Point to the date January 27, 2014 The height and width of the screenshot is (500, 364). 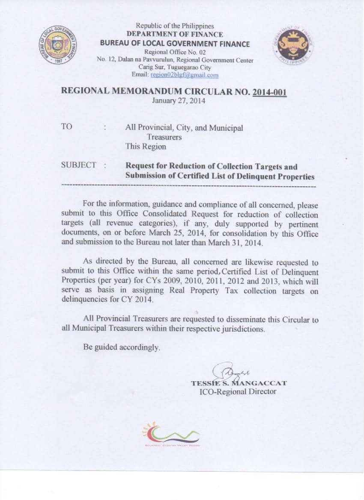pyautogui.click(x=179, y=101)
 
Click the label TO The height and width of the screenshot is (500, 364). pyautogui.click(x=67, y=127)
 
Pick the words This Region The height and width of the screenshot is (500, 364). pyautogui.click(x=146, y=147)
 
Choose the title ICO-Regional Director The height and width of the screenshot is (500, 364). pyautogui.click(x=238, y=391)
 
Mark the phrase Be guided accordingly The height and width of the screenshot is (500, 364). pyautogui.click(x=122, y=347)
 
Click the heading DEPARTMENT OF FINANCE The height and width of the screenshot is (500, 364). pyautogui.click(x=175, y=34)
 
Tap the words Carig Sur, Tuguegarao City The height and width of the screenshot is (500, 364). pyautogui.click(x=175, y=67)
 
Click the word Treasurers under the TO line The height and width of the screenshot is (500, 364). pyautogui.click(x=164, y=137)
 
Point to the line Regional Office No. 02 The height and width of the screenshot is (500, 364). pyautogui.click(x=175, y=52)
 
